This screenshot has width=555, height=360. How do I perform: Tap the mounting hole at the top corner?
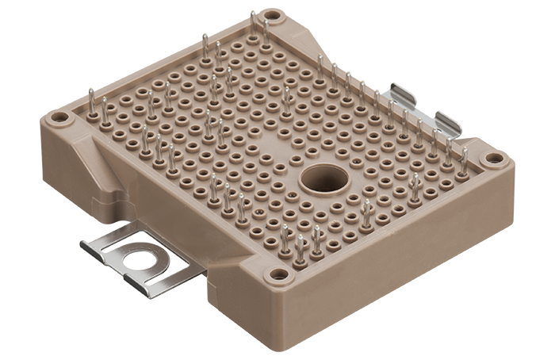[x=271, y=15]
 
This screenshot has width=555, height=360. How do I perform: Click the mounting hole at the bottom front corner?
[x=278, y=274]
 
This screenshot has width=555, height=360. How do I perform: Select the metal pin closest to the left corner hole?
[x=91, y=101]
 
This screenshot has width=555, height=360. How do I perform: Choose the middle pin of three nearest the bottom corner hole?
[x=300, y=247]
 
